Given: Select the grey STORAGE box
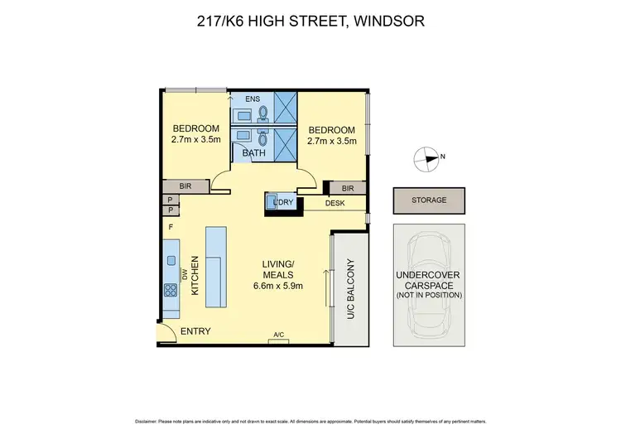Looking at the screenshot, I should tap(429, 200).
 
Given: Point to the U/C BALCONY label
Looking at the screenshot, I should tap(351, 289).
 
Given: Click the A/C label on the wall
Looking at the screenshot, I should tap(278, 335).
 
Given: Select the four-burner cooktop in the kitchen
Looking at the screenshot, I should tap(171, 290).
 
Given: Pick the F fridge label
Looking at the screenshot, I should tap(171, 226).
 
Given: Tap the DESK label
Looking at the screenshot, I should tap(335, 203).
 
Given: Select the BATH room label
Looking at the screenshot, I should tap(253, 152).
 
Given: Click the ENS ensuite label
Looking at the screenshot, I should tap(241, 98).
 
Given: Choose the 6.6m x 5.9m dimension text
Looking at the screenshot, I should tap(277, 287).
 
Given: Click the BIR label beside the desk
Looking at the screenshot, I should tap(347, 188).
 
